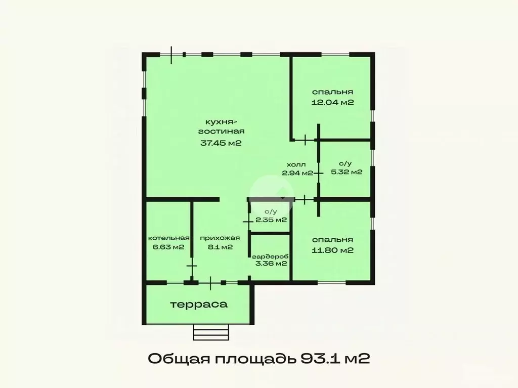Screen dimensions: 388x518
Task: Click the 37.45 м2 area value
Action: pos(221,143)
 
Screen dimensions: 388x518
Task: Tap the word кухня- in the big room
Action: pos(221,122)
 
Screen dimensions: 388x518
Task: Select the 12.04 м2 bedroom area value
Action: pos(332,102)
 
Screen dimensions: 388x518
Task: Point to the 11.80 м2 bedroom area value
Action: pos(332,250)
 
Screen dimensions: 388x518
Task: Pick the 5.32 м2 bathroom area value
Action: pos(346,172)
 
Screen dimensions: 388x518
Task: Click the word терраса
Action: pos(198,305)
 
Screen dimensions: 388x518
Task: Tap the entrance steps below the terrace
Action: pos(211,332)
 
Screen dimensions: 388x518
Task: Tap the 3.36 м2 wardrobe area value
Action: pos(271,263)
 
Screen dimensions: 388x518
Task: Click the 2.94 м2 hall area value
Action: pos(297,173)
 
